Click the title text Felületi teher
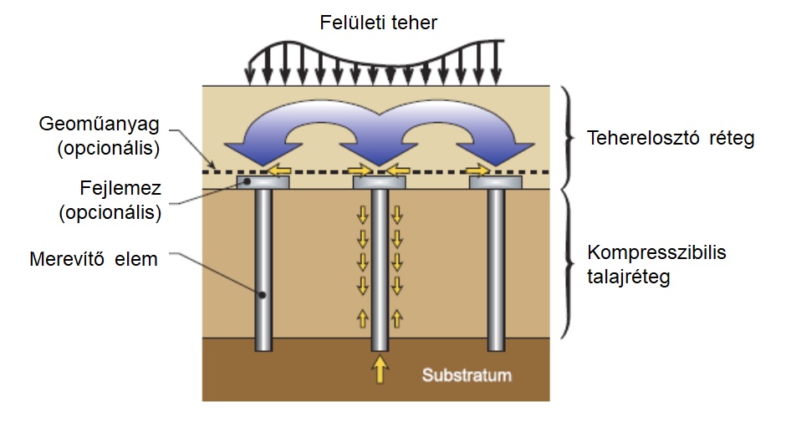(x=378, y=22)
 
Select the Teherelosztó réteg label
(x=671, y=139)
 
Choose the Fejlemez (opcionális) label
(x=110, y=201)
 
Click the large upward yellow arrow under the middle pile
(x=380, y=368)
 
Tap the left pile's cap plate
(x=263, y=182)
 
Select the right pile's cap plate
(x=497, y=182)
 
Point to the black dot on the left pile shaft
(x=263, y=295)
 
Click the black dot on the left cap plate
(x=248, y=180)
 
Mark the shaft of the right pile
(x=497, y=267)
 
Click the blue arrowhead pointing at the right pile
(x=507, y=155)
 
